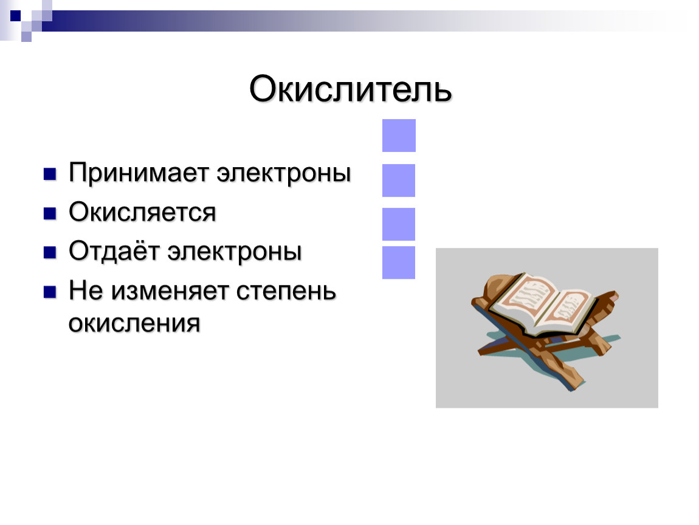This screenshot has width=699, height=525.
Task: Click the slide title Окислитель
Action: tap(350, 89)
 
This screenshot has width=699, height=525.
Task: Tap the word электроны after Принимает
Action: tap(284, 173)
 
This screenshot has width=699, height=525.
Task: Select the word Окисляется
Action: tap(142, 212)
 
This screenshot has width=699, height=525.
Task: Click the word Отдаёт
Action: tap(114, 251)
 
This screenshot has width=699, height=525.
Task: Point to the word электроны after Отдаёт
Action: tap(235, 252)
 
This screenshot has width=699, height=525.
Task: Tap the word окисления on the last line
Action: tap(134, 323)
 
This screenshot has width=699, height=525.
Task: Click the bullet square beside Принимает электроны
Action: tap(49, 174)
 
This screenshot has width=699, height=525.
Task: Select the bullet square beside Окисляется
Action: tap(49, 213)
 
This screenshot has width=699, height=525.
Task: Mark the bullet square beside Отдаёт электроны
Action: tap(49, 253)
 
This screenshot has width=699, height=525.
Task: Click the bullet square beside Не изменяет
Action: tap(49, 292)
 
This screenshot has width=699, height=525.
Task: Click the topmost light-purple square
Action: tap(399, 136)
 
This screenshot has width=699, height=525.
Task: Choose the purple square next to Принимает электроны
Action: tap(399, 180)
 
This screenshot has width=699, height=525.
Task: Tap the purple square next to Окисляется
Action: tap(399, 224)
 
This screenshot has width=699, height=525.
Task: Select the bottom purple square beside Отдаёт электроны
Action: tap(399, 262)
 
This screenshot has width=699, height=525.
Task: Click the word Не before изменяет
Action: tap(86, 290)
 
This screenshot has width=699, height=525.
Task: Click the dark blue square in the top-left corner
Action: tap(16, 16)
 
